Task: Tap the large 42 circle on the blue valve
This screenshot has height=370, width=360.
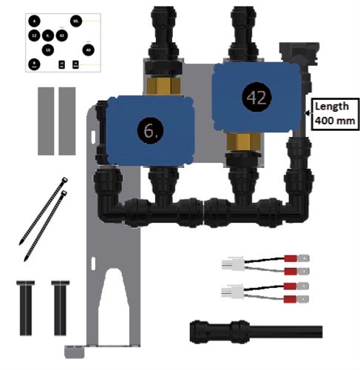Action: pyautogui.click(x=255, y=96)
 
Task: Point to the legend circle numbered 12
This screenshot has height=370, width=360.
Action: pyautogui.click(x=34, y=36)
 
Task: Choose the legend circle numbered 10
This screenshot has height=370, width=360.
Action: pyautogui.click(x=48, y=50)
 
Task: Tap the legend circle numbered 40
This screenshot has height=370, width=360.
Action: pyautogui.click(x=89, y=50)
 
